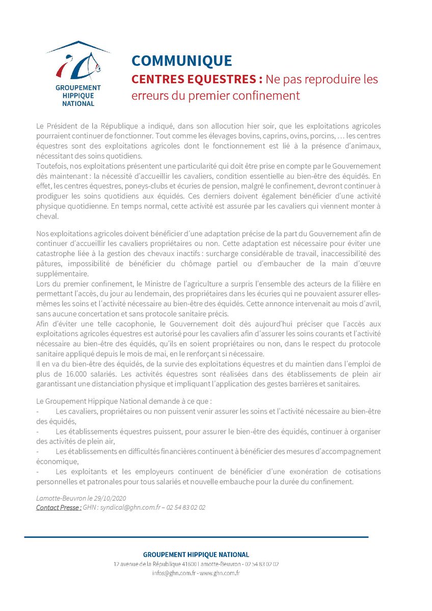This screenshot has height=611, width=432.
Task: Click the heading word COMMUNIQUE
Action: click(182, 61)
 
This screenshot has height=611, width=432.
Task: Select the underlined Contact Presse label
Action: click(58, 508)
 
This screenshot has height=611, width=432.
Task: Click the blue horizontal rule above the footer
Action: click(196, 537)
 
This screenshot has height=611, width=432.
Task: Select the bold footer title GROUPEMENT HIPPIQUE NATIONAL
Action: click(196, 554)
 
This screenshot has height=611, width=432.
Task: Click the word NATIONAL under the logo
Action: click(75, 104)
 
